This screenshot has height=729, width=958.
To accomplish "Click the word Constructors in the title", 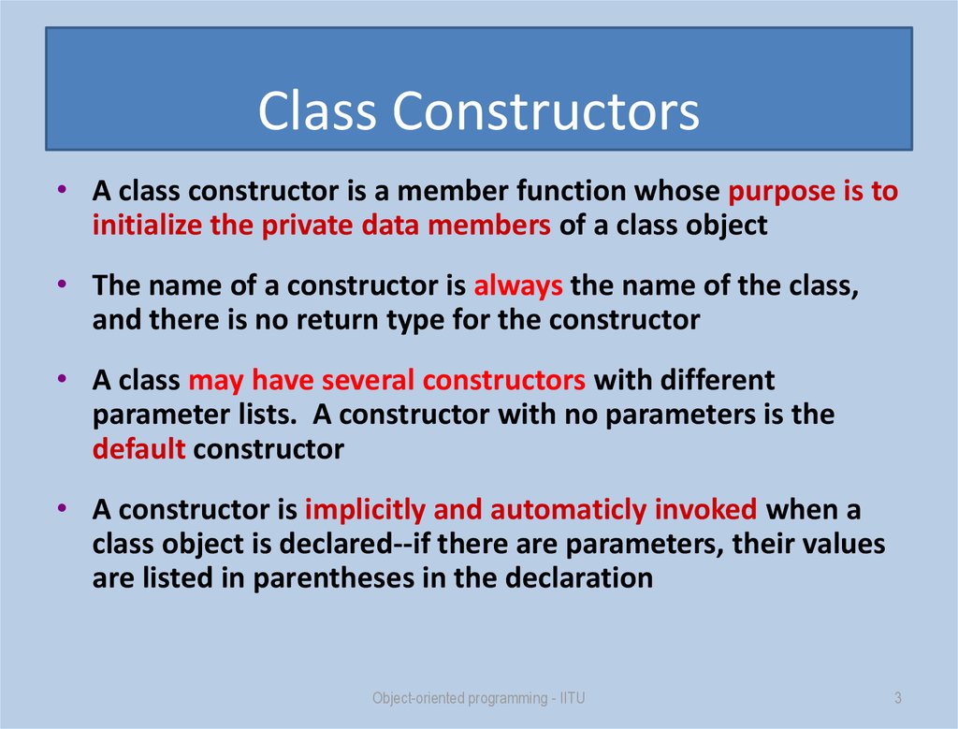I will [x=546, y=111].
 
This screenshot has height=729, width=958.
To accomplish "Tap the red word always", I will [x=518, y=286].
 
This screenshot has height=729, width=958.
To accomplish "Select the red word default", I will [x=138, y=449].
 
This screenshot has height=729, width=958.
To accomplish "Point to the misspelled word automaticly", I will [x=568, y=510].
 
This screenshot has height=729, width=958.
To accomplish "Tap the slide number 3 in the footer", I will [x=897, y=698].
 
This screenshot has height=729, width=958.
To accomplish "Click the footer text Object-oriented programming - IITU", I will [x=479, y=698].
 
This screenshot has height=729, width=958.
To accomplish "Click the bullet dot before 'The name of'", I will [x=61, y=284].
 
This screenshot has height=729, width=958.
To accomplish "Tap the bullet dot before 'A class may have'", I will [x=61, y=378].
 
